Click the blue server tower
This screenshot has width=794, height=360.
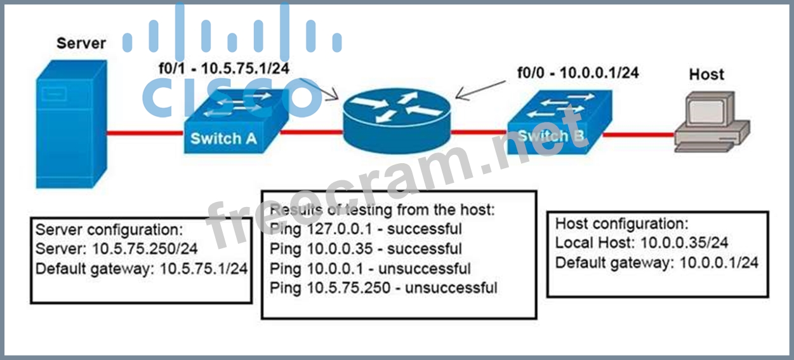[x=71, y=124]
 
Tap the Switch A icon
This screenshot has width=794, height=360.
[x=235, y=123]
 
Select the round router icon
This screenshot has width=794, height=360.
[x=397, y=121]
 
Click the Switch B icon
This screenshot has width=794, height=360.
[x=559, y=123]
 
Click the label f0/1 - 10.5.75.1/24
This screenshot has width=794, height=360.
[x=224, y=69]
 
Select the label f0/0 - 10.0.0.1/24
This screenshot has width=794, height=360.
[x=578, y=73]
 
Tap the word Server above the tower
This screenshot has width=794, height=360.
[x=81, y=43]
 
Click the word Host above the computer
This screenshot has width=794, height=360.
[x=706, y=74]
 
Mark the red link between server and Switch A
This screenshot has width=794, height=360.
[x=145, y=133]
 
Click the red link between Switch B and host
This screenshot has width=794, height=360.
[x=639, y=135]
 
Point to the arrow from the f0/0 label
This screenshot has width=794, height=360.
[x=480, y=90]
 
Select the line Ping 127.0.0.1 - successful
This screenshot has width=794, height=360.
[x=366, y=229]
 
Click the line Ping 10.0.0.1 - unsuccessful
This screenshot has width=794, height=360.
[x=370, y=269]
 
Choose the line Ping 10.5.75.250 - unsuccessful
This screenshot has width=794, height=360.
[x=383, y=288]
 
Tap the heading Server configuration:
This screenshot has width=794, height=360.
[x=109, y=230]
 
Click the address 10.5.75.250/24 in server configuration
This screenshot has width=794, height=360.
[x=145, y=249]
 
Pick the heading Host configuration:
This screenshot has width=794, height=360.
[x=622, y=223]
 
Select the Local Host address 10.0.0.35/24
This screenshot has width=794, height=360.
[x=684, y=243]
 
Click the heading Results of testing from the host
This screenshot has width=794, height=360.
[x=381, y=210]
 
